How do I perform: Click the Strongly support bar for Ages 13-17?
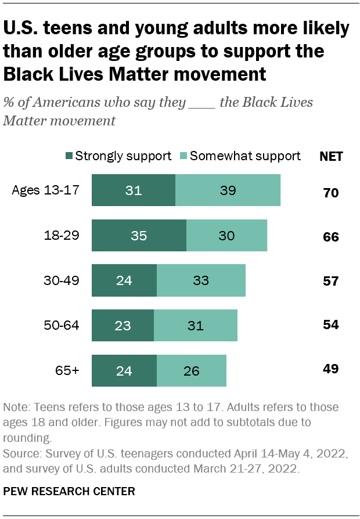134,190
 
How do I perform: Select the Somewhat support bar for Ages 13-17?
228,190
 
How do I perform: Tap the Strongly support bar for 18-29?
139,235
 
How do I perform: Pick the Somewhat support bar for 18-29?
226,235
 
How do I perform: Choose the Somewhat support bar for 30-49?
201,280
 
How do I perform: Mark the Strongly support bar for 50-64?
123,325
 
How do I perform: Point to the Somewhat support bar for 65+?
191,370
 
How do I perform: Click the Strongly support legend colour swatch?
69,156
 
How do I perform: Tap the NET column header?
331,156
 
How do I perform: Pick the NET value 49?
331,369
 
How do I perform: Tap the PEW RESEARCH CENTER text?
69,491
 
